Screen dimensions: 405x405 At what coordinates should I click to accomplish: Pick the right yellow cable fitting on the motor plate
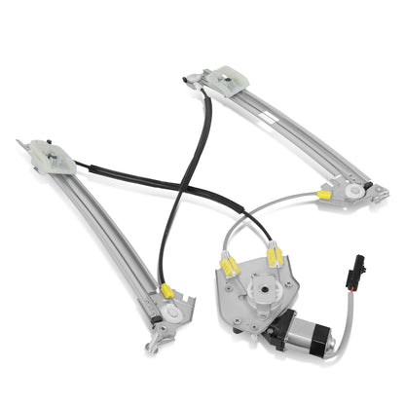click(276, 257)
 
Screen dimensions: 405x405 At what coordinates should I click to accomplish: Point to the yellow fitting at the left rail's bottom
click(166, 290)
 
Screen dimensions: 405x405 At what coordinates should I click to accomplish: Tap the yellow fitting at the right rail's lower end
click(323, 195)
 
